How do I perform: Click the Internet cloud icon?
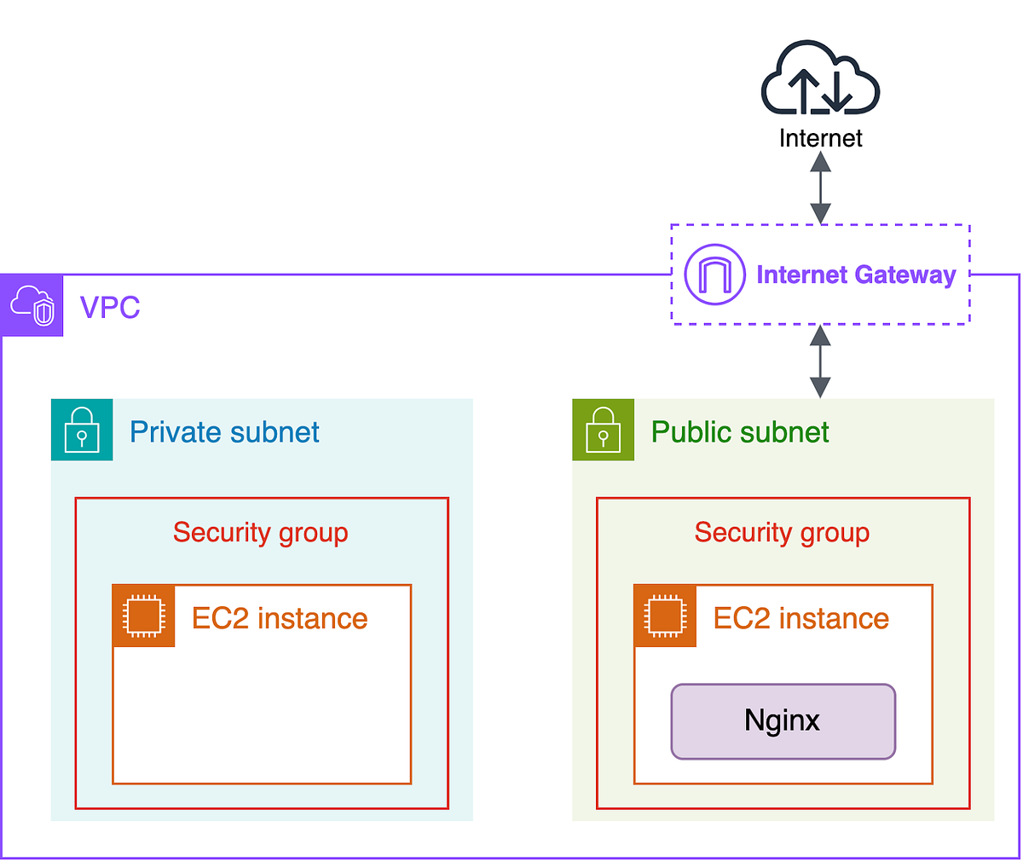click(x=820, y=78)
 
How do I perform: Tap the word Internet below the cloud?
click(x=820, y=138)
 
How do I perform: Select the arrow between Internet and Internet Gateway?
click(x=820, y=188)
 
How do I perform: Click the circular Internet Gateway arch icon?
click(x=714, y=275)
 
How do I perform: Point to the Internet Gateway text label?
click(x=856, y=275)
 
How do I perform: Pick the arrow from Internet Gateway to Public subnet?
click(x=820, y=361)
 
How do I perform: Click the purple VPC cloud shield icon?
click(x=32, y=305)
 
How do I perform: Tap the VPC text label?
click(x=110, y=307)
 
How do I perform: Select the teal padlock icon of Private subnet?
click(x=82, y=430)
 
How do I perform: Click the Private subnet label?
click(x=224, y=432)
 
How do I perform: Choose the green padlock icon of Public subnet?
click(x=604, y=430)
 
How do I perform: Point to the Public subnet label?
click(x=740, y=432)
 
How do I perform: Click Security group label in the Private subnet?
click(x=260, y=533)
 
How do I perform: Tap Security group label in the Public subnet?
click(x=782, y=533)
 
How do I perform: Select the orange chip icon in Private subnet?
click(x=143, y=616)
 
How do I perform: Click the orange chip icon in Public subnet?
click(x=665, y=616)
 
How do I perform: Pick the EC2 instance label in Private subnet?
click(x=280, y=618)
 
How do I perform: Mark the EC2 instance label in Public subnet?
click(x=801, y=618)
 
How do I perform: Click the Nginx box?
click(x=783, y=721)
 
